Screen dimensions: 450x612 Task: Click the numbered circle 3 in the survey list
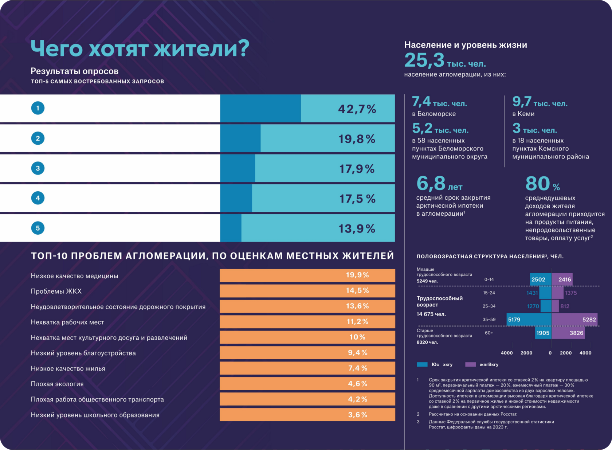pyautogui.click(x=38, y=168)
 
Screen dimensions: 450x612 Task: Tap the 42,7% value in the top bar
pyautogui.click(x=357, y=109)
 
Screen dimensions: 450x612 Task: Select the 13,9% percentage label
pyautogui.click(x=357, y=228)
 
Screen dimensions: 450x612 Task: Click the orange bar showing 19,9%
pyautogui.click(x=307, y=275)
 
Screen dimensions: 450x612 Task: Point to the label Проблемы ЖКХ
pyautogui.click(x=56, y=291)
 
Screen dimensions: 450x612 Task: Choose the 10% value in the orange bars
pyautogui.click(x=357, y=337)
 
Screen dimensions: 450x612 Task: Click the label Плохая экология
pyautogui.click(x=57, y=384)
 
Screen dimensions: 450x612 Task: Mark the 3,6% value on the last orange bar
pyautogui.click(x=357, y=415)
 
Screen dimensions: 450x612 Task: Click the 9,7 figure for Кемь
pyautogui.click(x=522, y=101)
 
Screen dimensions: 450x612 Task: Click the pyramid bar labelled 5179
pyautogui.click(x=529, y=320)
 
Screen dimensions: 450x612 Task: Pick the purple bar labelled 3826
pyautogui.click(x=568, y=333)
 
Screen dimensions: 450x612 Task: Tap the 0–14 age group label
pyautogui.click(x=489, y=279)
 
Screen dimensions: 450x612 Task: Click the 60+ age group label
pyautogui.click(x=489, y=333)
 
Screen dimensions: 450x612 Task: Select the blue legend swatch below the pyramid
pyautogui.click(x=422, y=364)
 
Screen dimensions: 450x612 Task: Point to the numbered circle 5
pyautogui.click(x=38, y=228)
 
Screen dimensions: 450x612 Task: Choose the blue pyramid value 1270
pyautogui.click(x=533, y=306)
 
